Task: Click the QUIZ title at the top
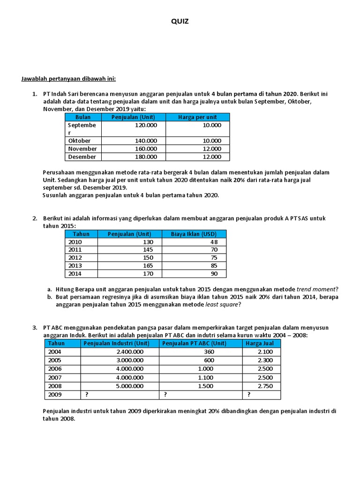pos(180,22)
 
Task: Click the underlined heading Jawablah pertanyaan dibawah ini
pos(68,78)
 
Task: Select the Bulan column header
pos(82,117)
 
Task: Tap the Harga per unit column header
pos(197,117)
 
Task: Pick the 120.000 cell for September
pos(146,126)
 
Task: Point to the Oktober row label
pos(79,141)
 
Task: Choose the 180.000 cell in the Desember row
pos(146,157)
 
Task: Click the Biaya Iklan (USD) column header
pos(194,234)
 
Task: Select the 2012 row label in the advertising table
pos(75,258)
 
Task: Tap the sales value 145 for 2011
pos(147,250)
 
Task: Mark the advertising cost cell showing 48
pos(214,242)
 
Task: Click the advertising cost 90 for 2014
pos(214,274)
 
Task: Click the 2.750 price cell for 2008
pos(265,387)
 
